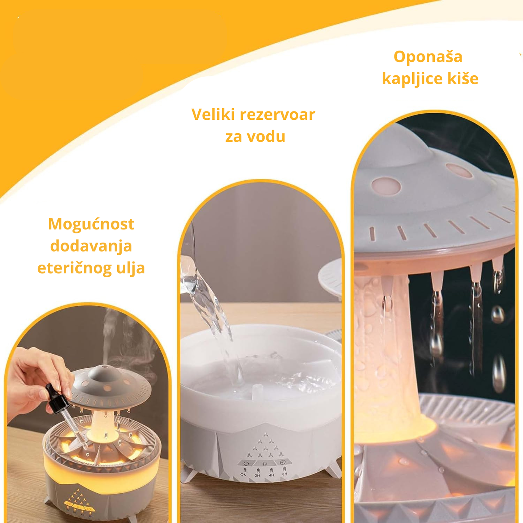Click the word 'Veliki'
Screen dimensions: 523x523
pyautogui.click(x=213, y=114)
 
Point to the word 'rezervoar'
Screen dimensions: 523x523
pyautogui.click(x=278, y=115)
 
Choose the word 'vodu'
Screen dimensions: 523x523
pyautogui.click(x=267, y=136)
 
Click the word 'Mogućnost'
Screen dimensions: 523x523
pyautogui.click(x=91, y=224)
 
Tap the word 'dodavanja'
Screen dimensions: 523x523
pyautogui.click(x=91, y=246)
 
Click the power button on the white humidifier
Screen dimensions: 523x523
pyautogui.click(x=246, y=463)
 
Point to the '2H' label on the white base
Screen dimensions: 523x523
pyautogui.click(x=257, y=476)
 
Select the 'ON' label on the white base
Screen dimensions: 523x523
pyautogui.click(x=244, y=475)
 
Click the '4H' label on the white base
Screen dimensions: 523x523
pyautogui.click(x=271, y=475)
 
